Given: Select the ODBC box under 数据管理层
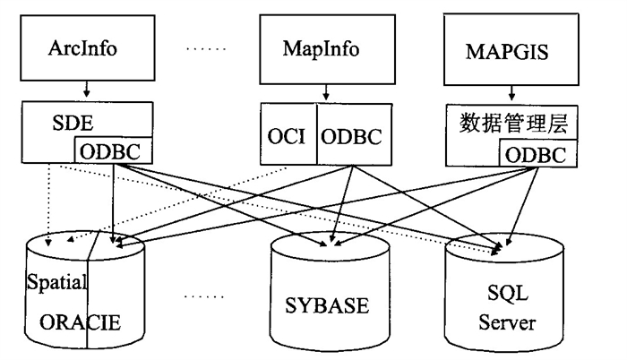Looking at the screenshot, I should click(x=534, y=154).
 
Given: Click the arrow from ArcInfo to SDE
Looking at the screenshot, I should click(x=85, y=90).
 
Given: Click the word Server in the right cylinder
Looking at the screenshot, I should click(x=507, y=321).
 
